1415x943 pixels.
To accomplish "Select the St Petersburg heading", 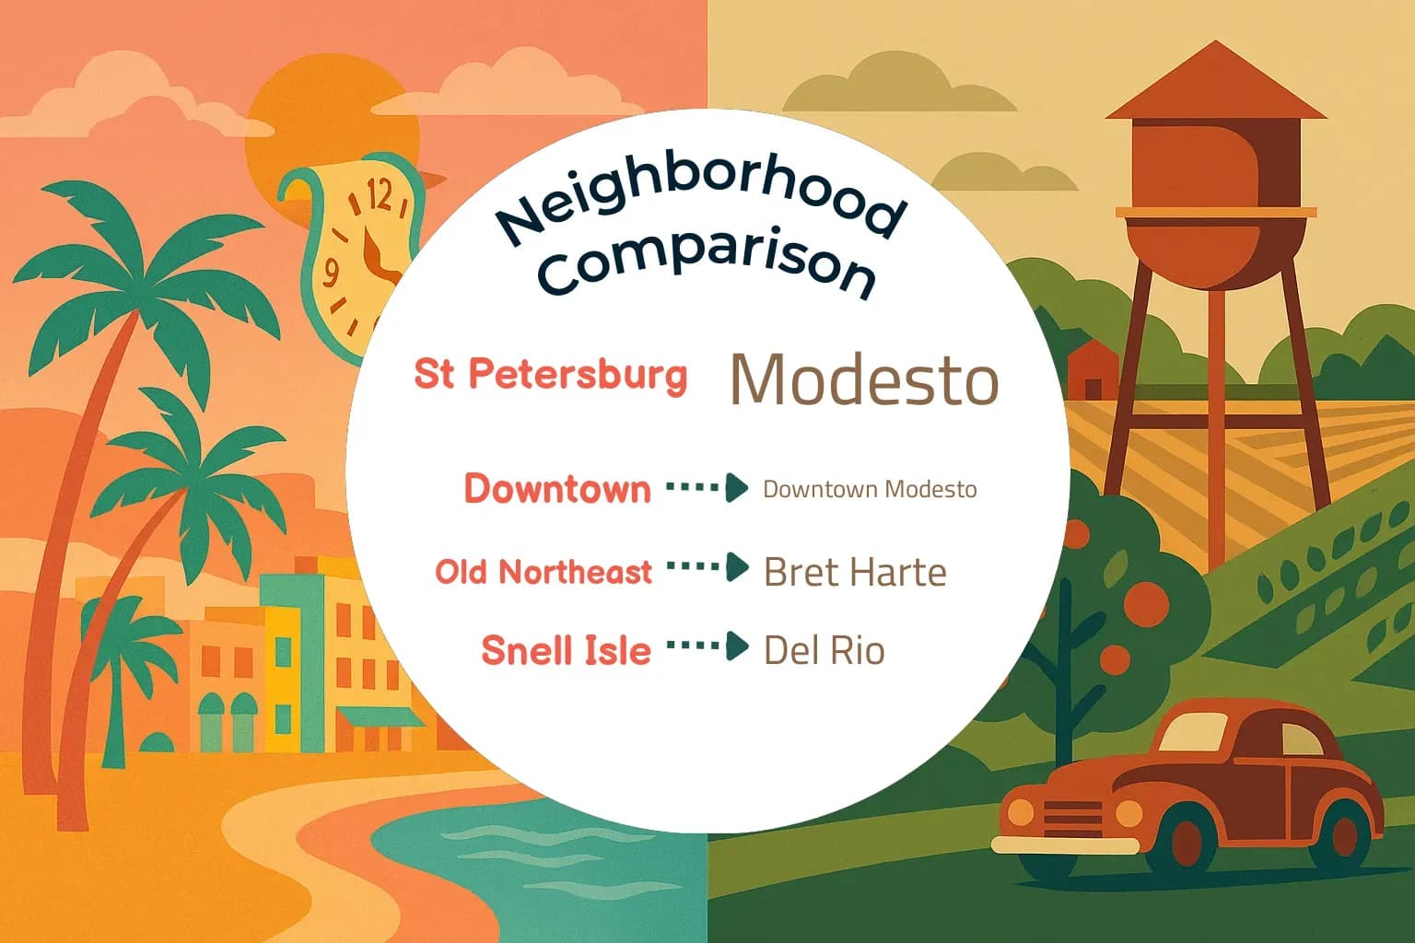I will coord(550,374).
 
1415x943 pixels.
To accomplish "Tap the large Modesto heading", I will coord(863,379).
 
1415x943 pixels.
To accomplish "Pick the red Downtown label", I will coord(557,488).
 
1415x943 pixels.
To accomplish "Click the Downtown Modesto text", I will coord(870,489).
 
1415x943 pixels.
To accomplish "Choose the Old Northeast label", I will coord(544,572).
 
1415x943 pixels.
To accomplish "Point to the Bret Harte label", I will coord(855,573).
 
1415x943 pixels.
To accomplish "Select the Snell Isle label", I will coord(566,650).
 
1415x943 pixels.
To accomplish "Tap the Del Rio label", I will coord(824,651).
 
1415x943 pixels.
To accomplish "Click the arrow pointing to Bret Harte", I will coord(707,567).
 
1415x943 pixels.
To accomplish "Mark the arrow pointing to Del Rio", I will coord(707,646).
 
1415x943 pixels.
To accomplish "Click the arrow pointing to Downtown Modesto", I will coord(707,487).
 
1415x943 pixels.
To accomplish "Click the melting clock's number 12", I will coord(379,195).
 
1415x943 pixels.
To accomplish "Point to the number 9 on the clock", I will coord(331,272).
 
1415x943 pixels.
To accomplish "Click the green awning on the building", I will coord(378,716).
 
